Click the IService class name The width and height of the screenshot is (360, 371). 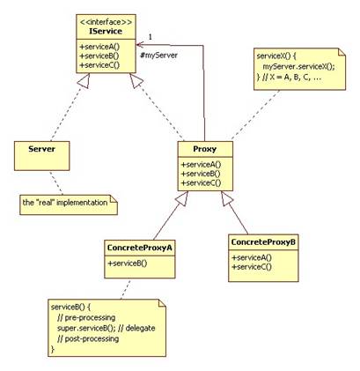(106, 32)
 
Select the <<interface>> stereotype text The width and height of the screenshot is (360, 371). (106, 22)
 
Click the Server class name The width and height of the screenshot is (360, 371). (41, 149)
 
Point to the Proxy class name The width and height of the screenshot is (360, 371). (205, 149)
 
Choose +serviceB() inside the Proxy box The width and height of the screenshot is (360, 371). (201, 174)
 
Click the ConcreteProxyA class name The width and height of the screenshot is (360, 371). (140, 248)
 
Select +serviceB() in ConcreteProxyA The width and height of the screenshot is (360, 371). (128, 263)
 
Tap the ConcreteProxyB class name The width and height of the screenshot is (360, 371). (263, 242)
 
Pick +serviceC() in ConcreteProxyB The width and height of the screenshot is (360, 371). (252, 267)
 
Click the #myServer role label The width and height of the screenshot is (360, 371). (158, 56)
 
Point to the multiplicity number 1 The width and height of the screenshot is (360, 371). (151, 37)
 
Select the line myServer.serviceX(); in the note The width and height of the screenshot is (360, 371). (298, 67)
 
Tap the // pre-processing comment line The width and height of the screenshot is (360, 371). (86, 317)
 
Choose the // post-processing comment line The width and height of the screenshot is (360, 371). (88, 338)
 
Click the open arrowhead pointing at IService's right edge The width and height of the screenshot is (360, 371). (140, 45)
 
